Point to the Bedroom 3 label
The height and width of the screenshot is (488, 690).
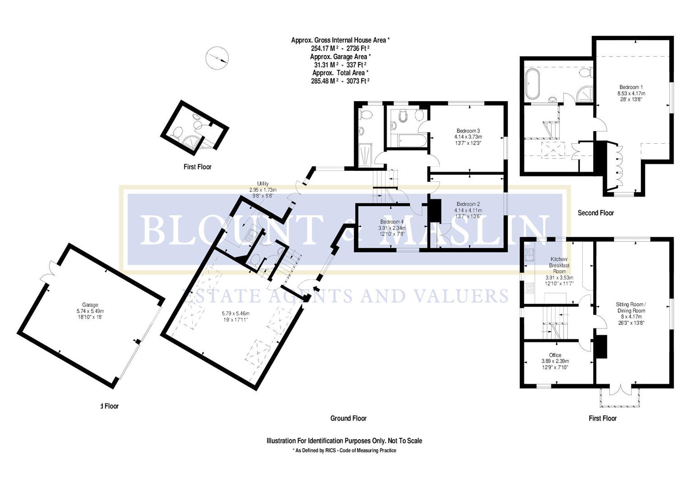coord(468,131)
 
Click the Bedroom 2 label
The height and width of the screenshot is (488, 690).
coord(468,204)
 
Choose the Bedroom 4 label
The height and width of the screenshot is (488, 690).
coord(392,222)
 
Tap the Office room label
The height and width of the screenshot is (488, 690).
coord(555,355)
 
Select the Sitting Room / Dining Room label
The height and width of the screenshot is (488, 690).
coord(631,308)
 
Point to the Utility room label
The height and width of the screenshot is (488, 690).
coord(263,183)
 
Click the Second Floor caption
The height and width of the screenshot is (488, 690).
coord(596,213)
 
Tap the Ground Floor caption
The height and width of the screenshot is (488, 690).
coord(348,418)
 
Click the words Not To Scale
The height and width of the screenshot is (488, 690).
coord(402,441)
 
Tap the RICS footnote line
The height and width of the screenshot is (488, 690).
coord(344,450)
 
